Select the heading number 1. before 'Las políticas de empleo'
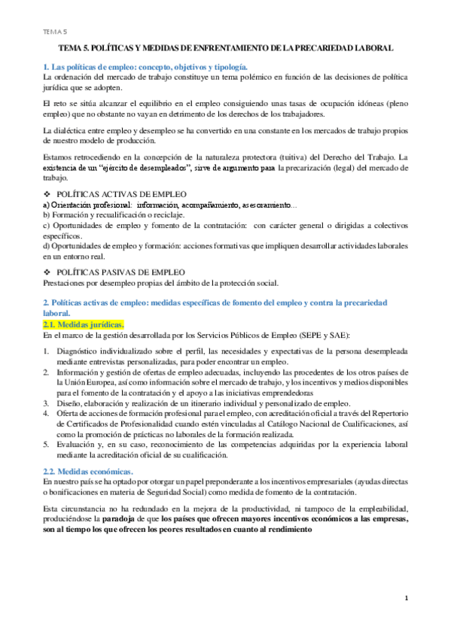click(x=46, y=68)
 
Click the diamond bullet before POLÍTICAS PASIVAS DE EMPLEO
click(x=47, y=272)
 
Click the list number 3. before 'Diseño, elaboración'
click(x=46, y=403)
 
